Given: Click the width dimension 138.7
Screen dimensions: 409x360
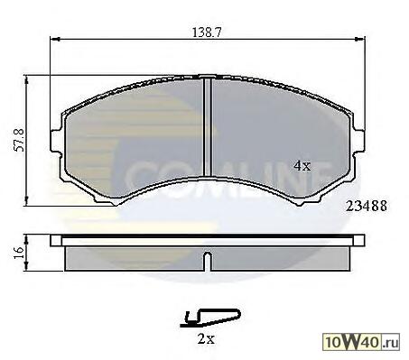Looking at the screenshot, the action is coord(207,32).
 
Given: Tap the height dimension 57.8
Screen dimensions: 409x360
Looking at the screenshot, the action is coord(20,140).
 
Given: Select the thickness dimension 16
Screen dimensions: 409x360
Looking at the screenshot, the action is coord(19,253).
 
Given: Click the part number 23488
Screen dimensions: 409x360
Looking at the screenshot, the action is coord(367,206).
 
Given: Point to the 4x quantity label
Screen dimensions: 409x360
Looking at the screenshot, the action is coord(302,165).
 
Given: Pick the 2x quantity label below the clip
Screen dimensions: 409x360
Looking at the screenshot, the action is coord(206,339).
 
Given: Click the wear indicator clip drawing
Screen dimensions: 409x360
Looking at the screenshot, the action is coord(210,318).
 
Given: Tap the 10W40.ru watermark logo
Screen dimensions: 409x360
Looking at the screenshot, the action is coord(361,342).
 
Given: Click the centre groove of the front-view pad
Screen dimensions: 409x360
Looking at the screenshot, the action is coord(208,126).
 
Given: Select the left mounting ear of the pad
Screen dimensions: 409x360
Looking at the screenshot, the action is coord(57,142).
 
